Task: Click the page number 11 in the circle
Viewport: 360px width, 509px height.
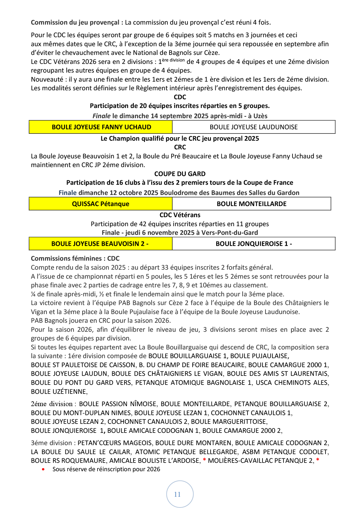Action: coord(177,494)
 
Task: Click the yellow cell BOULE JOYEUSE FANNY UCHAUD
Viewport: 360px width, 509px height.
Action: coord(101,127)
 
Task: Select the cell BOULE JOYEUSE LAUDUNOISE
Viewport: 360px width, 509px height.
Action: coord(253,127)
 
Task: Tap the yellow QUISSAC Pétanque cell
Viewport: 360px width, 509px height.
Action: coord(100,204)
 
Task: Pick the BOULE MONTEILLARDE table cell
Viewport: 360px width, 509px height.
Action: coord(251,204)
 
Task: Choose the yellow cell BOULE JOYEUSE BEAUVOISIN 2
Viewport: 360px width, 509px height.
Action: coord(100,244)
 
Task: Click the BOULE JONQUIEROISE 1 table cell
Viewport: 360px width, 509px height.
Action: coord(253,244)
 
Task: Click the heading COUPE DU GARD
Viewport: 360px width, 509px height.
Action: coord(180,174)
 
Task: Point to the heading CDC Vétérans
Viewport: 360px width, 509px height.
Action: coord(180,215)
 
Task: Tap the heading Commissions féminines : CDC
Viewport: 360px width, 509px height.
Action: coord(75,259)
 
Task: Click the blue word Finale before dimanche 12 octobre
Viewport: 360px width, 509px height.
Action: coord(67,193)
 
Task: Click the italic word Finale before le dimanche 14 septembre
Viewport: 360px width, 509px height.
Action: coord(101,116)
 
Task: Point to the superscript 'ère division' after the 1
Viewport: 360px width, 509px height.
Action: coord(173,60)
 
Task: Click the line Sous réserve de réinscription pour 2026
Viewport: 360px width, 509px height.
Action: coord(106,469)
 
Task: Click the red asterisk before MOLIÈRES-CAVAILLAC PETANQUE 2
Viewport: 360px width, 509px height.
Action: coord(204,460)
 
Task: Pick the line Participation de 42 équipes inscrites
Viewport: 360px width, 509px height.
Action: coord(180,224)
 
